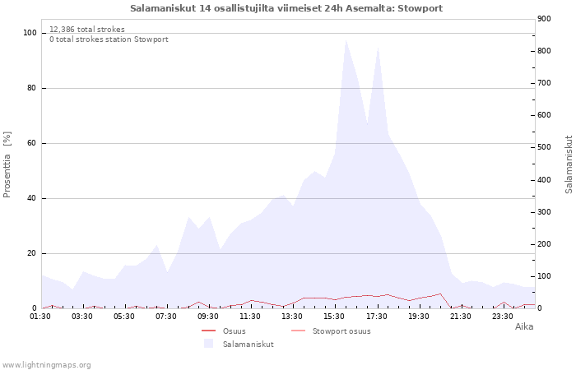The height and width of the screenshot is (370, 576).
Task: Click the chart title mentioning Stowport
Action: (286, 8)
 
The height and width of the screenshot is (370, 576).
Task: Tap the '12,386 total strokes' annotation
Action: (87, 30)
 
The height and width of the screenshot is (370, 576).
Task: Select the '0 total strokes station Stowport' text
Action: (109, 39)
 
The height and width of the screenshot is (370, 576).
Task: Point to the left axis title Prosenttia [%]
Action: (7, 164)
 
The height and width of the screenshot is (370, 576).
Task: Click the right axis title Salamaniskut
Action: (569, 164)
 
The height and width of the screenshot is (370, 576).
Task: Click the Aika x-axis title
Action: (524, 326)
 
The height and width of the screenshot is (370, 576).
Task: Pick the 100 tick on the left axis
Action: (30, 33)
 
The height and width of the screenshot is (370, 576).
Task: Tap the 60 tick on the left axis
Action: (33, 143)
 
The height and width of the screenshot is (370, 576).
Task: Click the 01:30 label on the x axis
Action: (41, 316)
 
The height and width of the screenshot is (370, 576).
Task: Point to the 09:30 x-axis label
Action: (209, 316)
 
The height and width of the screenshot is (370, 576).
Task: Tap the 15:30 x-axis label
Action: (335, 316)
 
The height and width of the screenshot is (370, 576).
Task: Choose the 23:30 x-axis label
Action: (503, 316)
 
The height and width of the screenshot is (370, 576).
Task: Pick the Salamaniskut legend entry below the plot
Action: (248, 344)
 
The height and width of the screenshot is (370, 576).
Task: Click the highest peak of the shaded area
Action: (346, 39)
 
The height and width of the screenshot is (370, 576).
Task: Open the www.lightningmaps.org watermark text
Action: (46, 364)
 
